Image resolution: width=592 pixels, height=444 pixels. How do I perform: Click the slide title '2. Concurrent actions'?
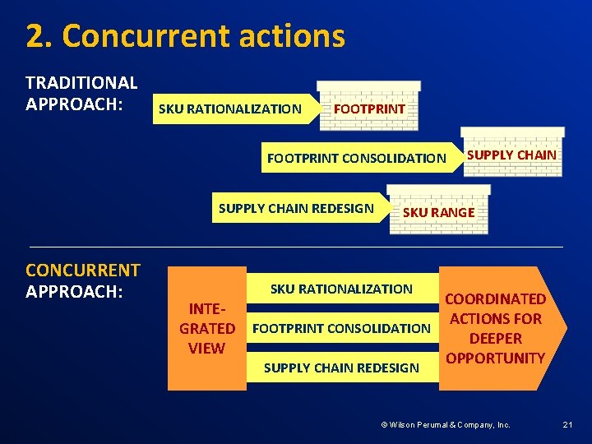tap(185, 37)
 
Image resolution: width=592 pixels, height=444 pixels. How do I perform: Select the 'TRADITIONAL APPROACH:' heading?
tap(81, 93)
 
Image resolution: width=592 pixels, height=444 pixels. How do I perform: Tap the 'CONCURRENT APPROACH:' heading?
tap(83, 280)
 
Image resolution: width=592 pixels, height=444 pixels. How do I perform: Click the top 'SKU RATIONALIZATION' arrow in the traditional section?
tap(230, 109)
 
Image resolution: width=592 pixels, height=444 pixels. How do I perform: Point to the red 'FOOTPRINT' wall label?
tap(368, 109)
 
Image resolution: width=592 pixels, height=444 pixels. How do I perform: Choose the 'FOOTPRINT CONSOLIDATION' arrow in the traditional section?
tap(357, 158)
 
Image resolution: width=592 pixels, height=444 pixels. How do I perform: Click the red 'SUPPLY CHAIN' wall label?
tap(511, 155)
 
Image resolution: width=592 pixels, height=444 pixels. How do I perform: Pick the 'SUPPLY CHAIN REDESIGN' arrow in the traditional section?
tap(296, 208)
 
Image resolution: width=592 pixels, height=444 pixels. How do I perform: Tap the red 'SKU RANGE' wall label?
tap(438, 212)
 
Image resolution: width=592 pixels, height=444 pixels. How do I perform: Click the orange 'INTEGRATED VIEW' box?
tap(206, 328)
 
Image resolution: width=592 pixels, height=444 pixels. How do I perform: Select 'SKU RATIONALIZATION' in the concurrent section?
tap(341, 289)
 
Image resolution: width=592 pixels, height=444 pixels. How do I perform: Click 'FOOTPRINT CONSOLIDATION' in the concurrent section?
tap(341, 328)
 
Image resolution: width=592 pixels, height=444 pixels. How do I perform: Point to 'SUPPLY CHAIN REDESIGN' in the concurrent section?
tap(341, 368)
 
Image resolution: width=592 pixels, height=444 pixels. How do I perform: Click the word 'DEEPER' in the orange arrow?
tap(495, 338)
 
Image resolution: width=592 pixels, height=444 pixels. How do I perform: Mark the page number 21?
tap(567, 425)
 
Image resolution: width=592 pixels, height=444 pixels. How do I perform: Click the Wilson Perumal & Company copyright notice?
tap(445, 425)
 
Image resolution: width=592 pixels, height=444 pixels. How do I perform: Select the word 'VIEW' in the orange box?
tap(206, 348)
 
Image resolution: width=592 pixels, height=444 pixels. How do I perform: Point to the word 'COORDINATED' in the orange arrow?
tap(495, 298)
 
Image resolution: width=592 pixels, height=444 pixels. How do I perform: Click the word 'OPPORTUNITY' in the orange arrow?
tap(495, 358)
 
